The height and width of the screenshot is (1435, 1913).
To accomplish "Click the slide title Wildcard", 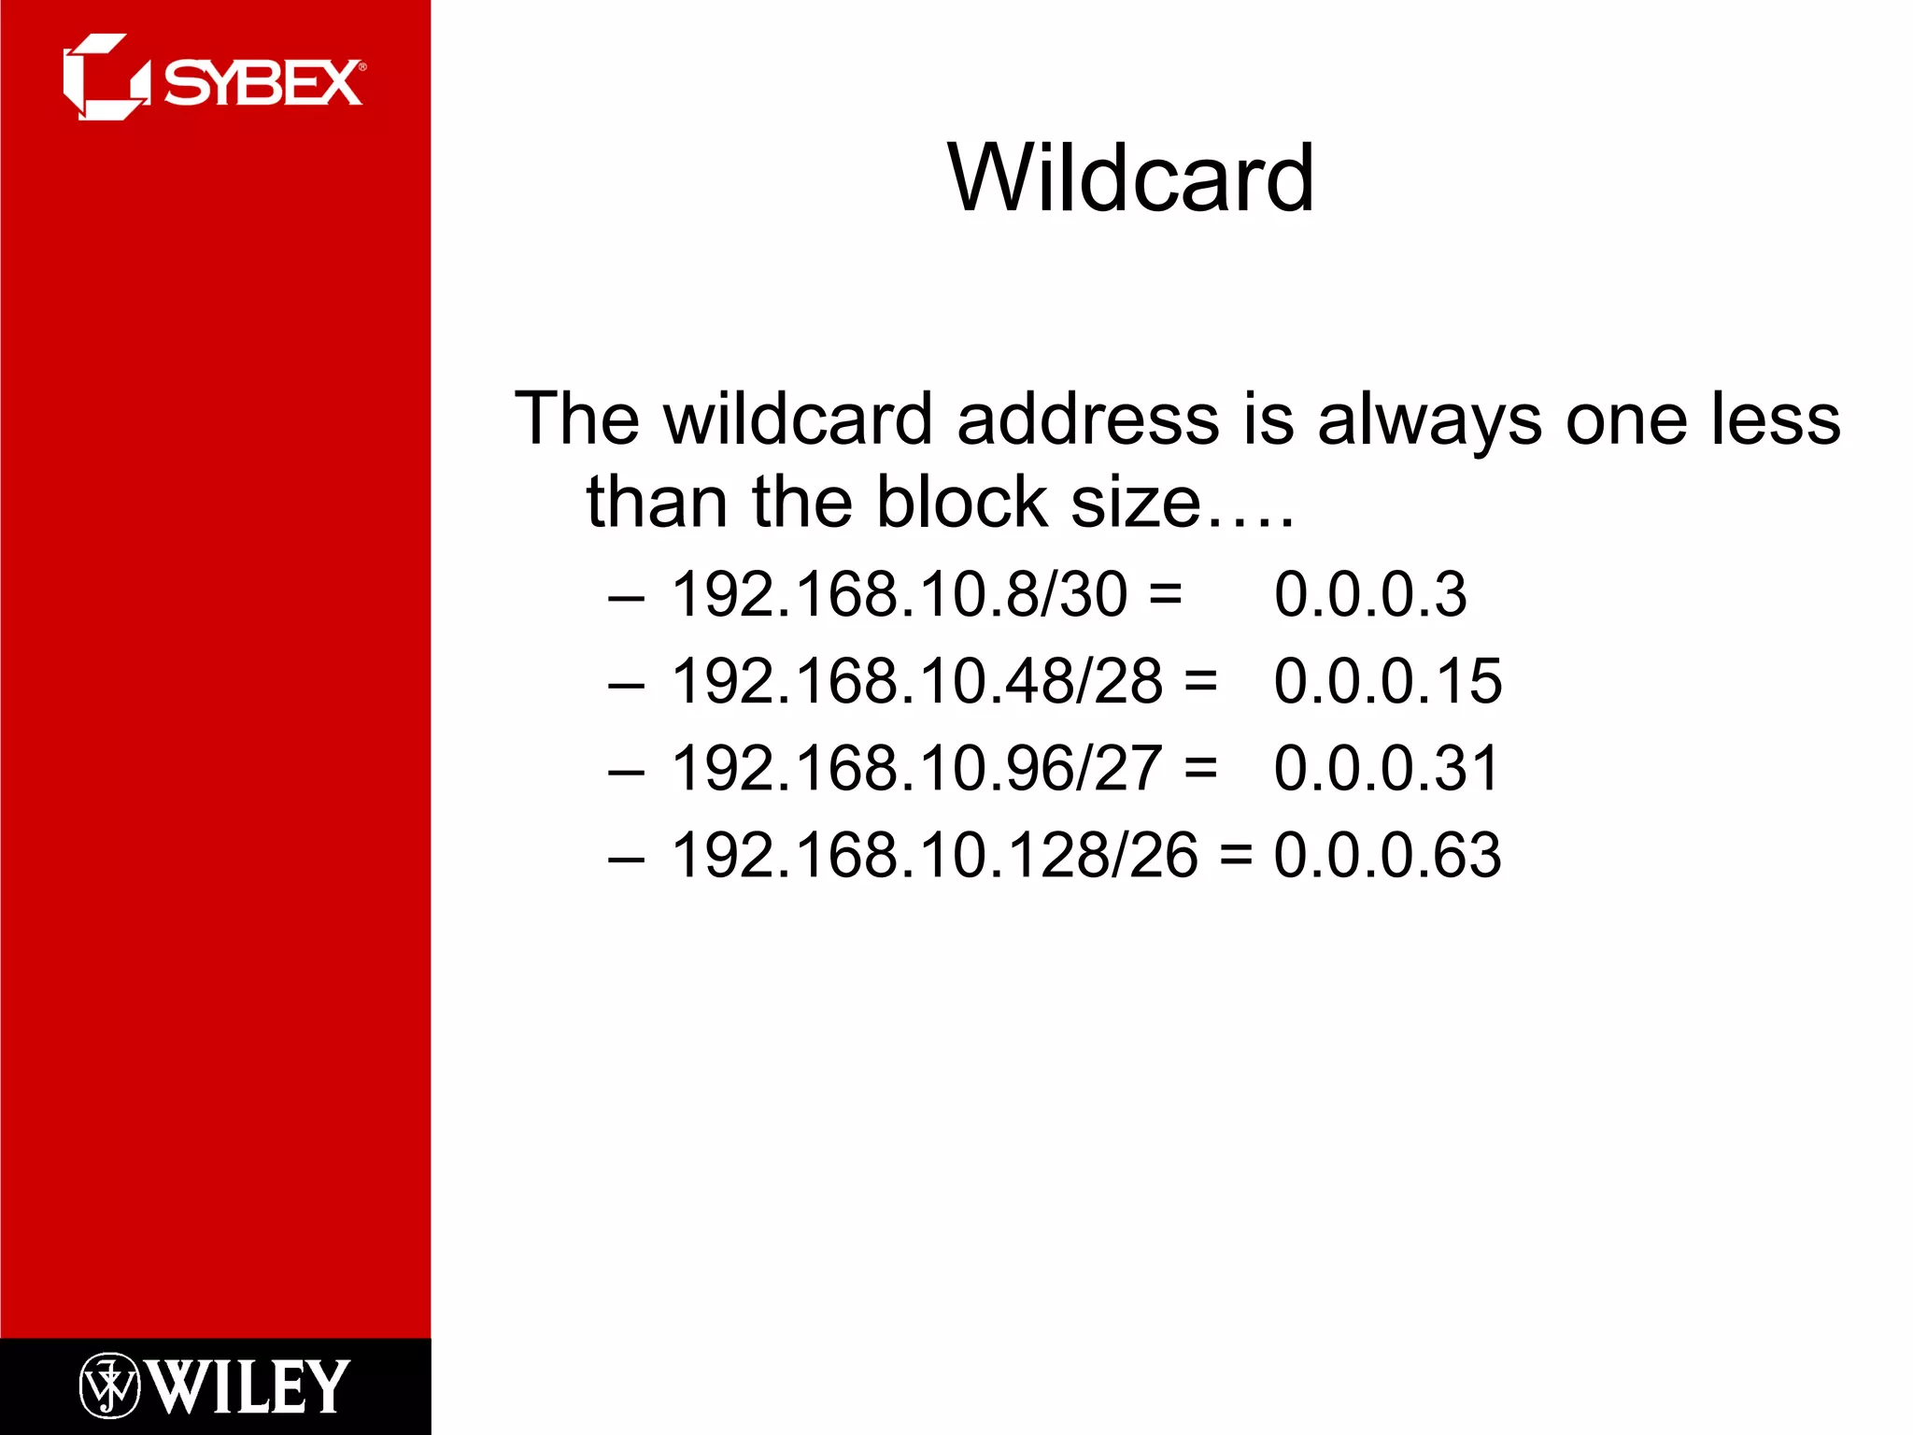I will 1130,178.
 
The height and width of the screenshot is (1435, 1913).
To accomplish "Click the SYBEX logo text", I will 263,83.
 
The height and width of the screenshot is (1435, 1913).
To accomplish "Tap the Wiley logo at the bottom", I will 215,1386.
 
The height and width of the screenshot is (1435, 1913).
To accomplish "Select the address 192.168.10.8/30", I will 900,594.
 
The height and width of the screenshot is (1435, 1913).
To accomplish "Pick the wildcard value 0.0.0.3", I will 1369,594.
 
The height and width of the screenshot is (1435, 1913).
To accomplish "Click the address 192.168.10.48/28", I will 917,681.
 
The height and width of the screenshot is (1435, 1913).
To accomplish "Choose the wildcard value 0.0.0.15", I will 1387,681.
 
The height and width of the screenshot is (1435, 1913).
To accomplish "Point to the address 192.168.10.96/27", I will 917,768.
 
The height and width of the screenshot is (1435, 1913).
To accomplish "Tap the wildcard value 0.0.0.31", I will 1386,768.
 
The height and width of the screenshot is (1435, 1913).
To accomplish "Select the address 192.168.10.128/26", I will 934,855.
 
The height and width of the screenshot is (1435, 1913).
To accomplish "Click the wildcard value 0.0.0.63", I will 1387,855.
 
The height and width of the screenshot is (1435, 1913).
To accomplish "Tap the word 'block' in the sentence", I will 962,503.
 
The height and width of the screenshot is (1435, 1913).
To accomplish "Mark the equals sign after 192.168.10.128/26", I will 1235,856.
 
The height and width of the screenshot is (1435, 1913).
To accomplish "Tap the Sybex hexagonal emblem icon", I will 105,78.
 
